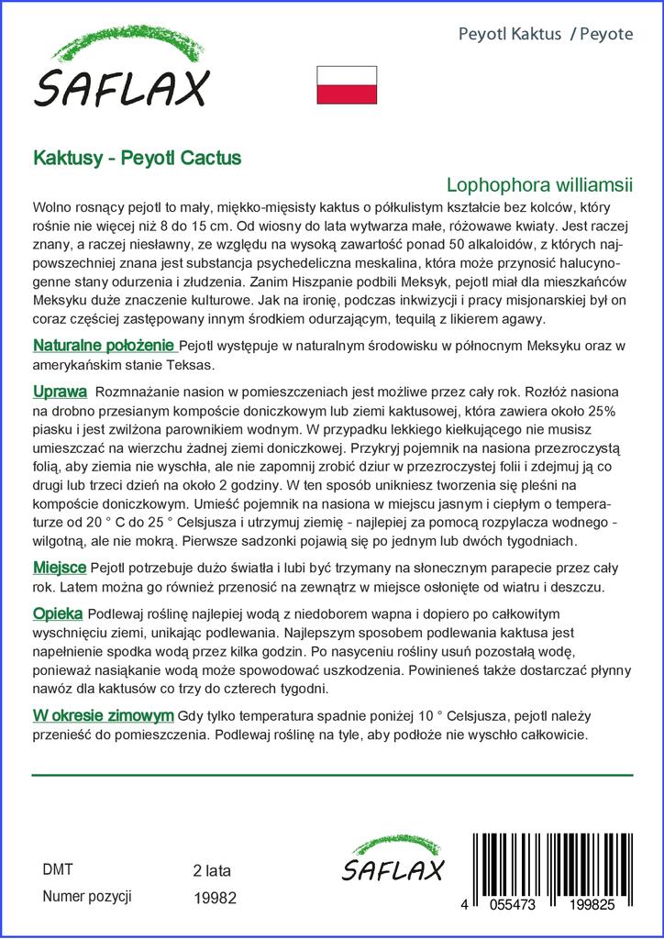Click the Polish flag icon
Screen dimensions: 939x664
(347, 84)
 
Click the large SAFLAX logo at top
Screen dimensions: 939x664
(121, 71)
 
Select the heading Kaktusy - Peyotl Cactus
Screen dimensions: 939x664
(137, 158)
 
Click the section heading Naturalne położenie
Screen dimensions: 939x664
(104, 346)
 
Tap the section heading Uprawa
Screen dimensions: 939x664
(60, 392)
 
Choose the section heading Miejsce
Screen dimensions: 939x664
(60, 568)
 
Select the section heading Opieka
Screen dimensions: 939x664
(58, 613)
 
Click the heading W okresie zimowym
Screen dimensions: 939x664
(104, 715)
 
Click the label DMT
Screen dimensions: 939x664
(58, 869)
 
